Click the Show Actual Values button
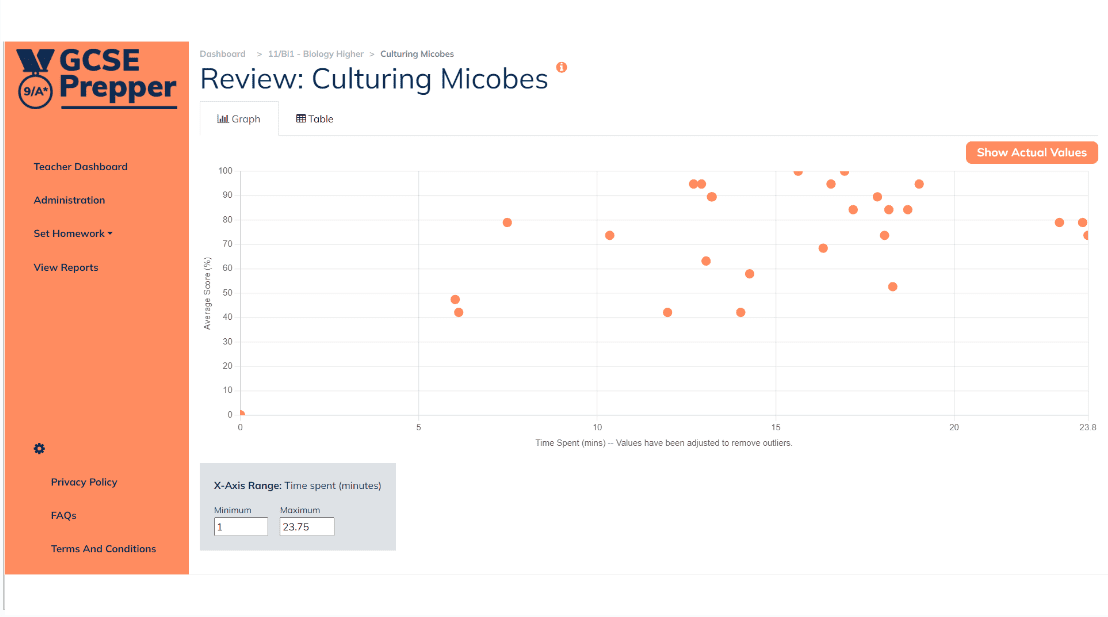1031,153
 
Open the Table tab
314,119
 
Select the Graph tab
239,119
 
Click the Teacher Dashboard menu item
80,167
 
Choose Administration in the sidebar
69,200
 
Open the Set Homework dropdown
73,234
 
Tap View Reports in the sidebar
66,268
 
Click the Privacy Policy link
84,482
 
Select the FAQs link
64,516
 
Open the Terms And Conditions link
104,549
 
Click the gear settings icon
39,449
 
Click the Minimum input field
240,526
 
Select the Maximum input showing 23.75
306,526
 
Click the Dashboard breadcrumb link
222,54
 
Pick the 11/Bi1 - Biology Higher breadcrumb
316,54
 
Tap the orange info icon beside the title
561,67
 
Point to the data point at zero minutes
240,414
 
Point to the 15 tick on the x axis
776,427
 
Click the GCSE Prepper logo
97,77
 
